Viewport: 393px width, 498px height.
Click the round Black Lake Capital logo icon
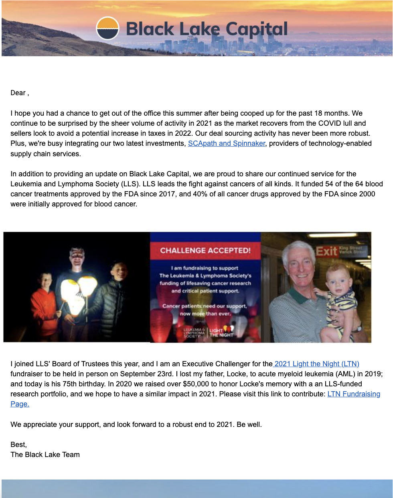107,29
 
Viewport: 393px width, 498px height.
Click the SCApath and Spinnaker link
227,143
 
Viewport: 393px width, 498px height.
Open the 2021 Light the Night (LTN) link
317,364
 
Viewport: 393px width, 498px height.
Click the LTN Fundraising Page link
354,394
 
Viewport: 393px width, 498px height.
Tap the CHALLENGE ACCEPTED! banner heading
205,251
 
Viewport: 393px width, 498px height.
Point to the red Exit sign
327,251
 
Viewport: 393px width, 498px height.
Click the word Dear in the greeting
18,93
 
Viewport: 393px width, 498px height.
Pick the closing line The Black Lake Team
45,455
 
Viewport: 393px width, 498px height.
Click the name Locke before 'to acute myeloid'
235,374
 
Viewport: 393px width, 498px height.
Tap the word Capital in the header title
257,29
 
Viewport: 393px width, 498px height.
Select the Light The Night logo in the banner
221,333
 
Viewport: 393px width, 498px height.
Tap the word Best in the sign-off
18,445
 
